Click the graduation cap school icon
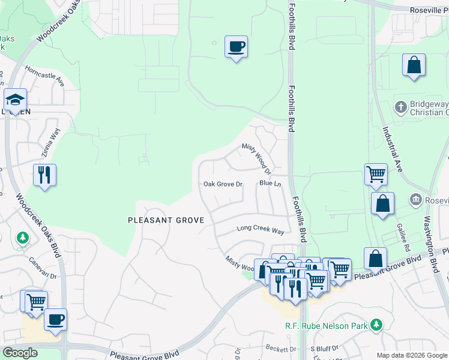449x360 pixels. tap(15, 100)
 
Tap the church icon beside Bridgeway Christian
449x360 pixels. tap(401, 107)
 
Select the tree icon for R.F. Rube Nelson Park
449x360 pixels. tap(376, 325)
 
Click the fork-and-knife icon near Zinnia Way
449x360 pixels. tap(44, 175)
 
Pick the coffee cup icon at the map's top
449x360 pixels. tap(236, 46)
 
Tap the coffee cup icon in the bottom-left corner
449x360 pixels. tap(55, 319)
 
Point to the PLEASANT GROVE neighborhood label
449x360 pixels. tap(166, 220)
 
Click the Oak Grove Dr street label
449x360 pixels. tap(223, 184)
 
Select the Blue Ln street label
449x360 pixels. tap(270, 183)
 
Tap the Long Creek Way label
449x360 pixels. tap(260, 229)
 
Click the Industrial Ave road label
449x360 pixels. tap(391, 147)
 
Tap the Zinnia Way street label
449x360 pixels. tap(51, 145)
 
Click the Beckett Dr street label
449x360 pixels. tap(282, 349)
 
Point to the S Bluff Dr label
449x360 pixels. tap(324, 349)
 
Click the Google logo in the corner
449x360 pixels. tap(20, 353)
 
